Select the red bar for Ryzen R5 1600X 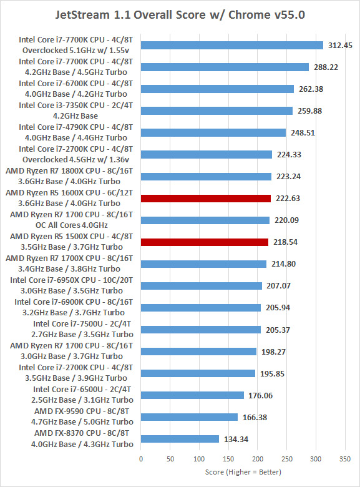point(206,198)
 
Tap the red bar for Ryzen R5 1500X point(205,242)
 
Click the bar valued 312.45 point(232,46)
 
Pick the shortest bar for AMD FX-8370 point(180,439)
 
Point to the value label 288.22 point(326,67)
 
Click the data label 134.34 point(236,439)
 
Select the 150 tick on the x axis point(228,459)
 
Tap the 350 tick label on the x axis point(345,459)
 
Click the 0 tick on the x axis point(141,459)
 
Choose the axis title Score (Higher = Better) point(243,472)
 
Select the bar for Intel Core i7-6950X point(202,286)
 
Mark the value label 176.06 point(260,395)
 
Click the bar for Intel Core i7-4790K point(213,132)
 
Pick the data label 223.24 point(289,177)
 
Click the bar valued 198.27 point(198,352)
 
